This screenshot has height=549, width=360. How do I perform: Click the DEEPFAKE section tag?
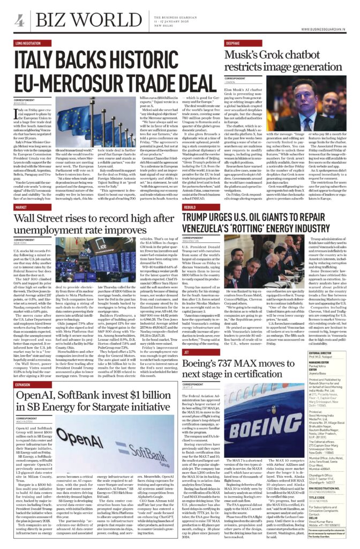196,42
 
